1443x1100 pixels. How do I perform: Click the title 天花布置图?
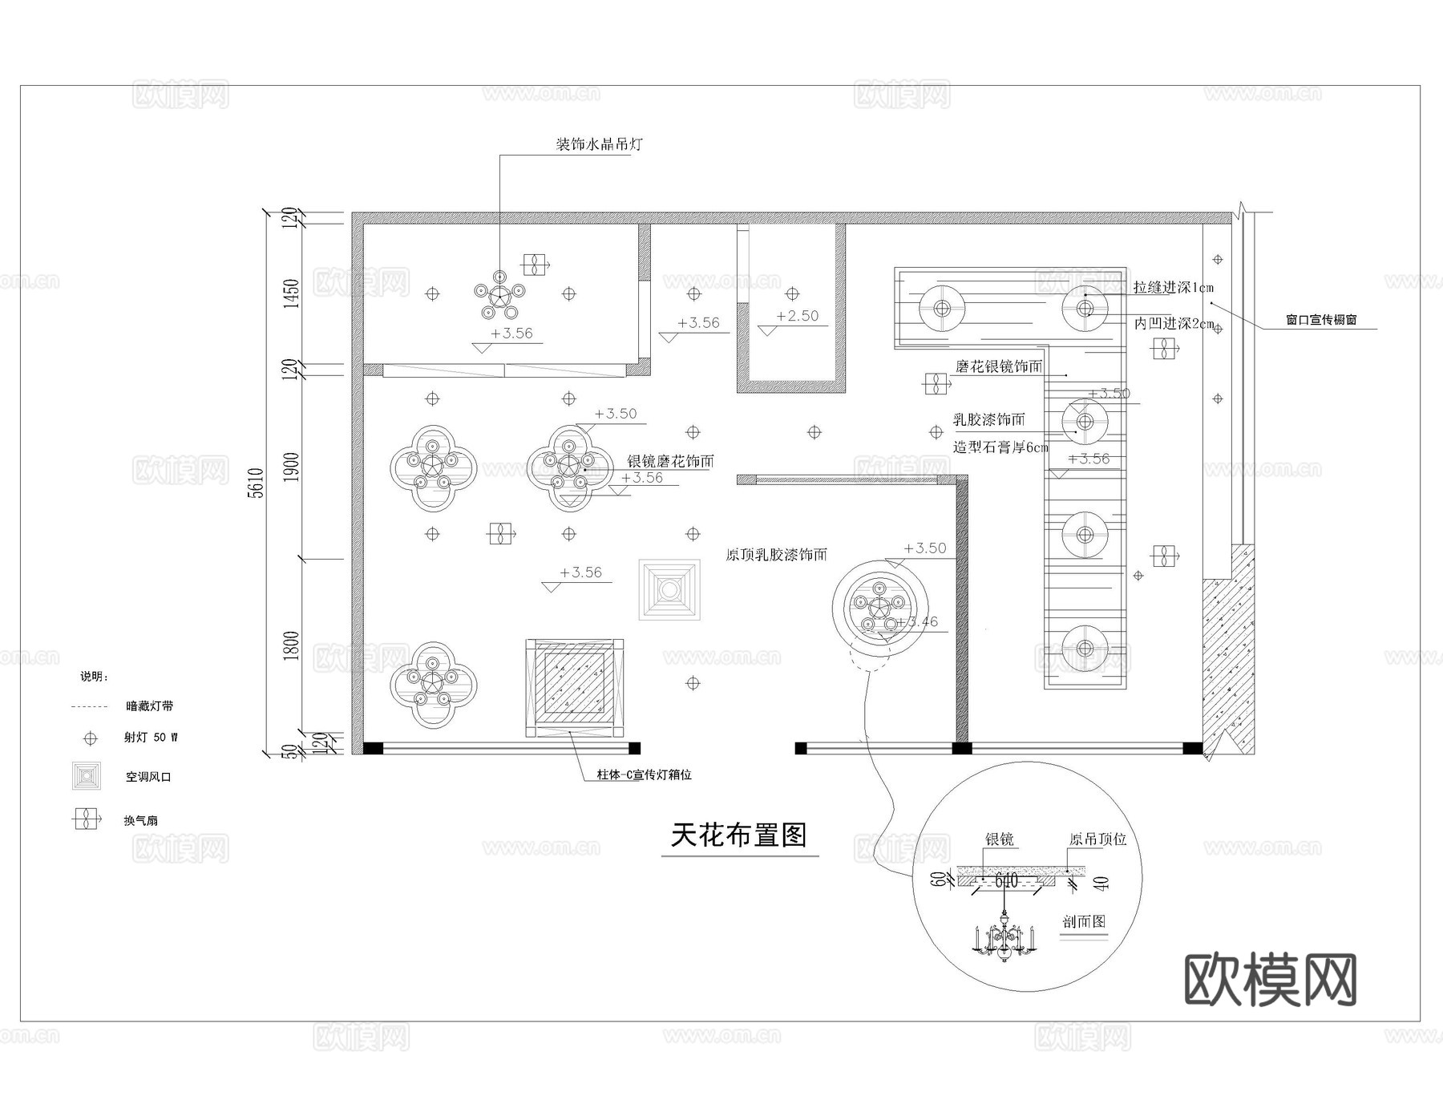point(738,835)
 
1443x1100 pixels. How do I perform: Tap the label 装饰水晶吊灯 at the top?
point(600,145)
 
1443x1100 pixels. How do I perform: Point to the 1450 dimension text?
point(292,293)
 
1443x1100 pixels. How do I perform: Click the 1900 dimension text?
point(292,467)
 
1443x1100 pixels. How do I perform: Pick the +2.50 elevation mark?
point(797,316)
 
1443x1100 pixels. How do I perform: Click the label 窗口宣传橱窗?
point(1321,320)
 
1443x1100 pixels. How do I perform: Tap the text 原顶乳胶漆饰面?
point(776,555)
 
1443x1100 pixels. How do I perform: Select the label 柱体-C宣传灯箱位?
point(644,775)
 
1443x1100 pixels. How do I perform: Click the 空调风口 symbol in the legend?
point(87,776)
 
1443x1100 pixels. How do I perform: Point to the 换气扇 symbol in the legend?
point(85,819)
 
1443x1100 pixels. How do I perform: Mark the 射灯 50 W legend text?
point(151,738)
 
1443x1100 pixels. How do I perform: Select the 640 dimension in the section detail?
point(1006,881)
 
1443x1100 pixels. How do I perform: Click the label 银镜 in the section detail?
point(999,839)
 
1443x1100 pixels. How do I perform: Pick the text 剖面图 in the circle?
point(1084,921)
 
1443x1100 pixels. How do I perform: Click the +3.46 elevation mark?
point(917,621)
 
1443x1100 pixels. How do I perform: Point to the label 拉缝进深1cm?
point(1173,287)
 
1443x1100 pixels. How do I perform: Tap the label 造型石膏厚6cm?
point(1000,447)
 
